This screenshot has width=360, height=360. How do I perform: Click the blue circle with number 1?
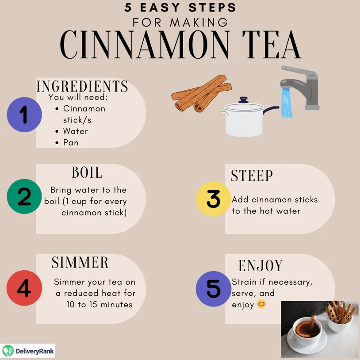24,115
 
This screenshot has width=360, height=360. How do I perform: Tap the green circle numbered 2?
24,196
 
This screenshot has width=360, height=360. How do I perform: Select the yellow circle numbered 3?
214,199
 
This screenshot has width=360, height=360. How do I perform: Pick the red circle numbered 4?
24,287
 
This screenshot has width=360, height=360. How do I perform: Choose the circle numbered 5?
214,289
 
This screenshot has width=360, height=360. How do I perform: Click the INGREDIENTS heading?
82,86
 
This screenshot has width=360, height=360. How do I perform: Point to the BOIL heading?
87,172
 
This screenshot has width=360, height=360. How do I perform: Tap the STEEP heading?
252,176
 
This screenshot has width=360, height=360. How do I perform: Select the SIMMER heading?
80,262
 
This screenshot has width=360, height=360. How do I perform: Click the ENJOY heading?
260,266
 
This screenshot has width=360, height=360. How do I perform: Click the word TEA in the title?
272,45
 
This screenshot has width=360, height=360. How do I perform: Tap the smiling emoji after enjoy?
261,304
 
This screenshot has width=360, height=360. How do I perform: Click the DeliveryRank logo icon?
8,351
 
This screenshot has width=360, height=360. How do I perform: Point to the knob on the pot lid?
243,100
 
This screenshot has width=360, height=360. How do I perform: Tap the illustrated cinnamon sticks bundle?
201,93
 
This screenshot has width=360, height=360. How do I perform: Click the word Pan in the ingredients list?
71,142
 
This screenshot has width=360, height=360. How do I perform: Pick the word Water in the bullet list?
76,131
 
